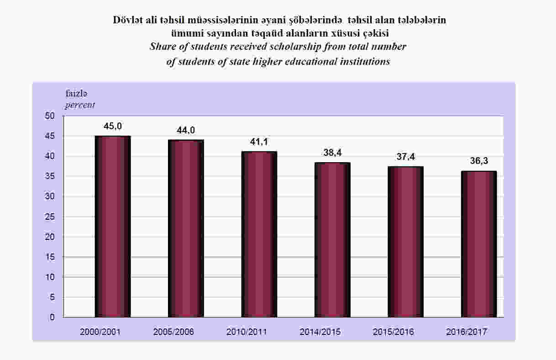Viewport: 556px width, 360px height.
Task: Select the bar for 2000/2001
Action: pos(112,226)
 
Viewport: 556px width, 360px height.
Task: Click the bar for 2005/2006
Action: pos(186,228)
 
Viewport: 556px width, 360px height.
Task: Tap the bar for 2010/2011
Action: pos(259,234)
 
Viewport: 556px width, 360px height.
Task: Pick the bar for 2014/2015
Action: pos(332,239)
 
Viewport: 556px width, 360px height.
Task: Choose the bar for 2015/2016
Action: pos(405,242)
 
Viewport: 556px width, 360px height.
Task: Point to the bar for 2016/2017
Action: pos(478,244)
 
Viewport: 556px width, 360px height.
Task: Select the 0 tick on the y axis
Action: pos(53,317)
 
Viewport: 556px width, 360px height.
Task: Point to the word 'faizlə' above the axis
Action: pos(77,94)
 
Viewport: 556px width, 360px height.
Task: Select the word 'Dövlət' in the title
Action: pos(127,20)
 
